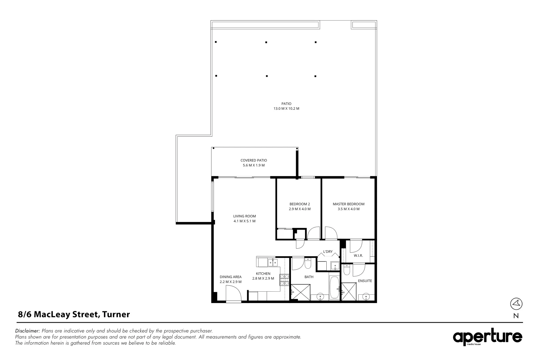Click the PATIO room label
point(286,104)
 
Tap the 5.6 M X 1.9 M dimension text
point(254,165)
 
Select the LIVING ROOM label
point(244,216)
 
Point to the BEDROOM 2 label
point(300,204)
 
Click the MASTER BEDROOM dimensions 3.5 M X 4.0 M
point(349,209)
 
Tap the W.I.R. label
point(358,256)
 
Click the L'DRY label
point(328,252)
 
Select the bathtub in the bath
point(334,288)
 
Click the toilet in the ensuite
point(347,270)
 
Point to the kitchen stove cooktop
point(284,280)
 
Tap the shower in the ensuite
point(349,292)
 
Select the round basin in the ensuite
point(366,296)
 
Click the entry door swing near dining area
point(233,293)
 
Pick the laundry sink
point(335,266)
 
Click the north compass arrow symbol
point(516,304)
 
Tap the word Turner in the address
point(116,314)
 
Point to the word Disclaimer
point(27,331)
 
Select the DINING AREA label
point(230,277)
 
